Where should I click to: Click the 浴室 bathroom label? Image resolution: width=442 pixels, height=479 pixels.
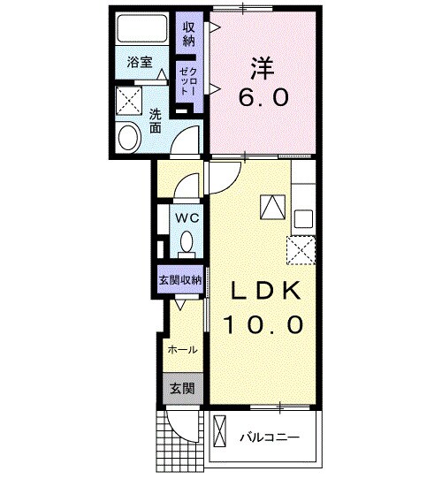(x=140, y=62)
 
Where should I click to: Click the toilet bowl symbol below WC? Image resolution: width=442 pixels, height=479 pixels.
(x=187, y=240)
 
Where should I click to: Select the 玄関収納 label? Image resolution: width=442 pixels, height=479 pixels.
(x=180, y=279)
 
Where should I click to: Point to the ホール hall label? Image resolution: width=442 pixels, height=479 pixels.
(x=182, y=350)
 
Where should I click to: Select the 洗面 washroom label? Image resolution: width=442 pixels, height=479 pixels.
(x=154, y=120)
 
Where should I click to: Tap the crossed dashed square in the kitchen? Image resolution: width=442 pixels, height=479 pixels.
(x=302, y=250)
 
